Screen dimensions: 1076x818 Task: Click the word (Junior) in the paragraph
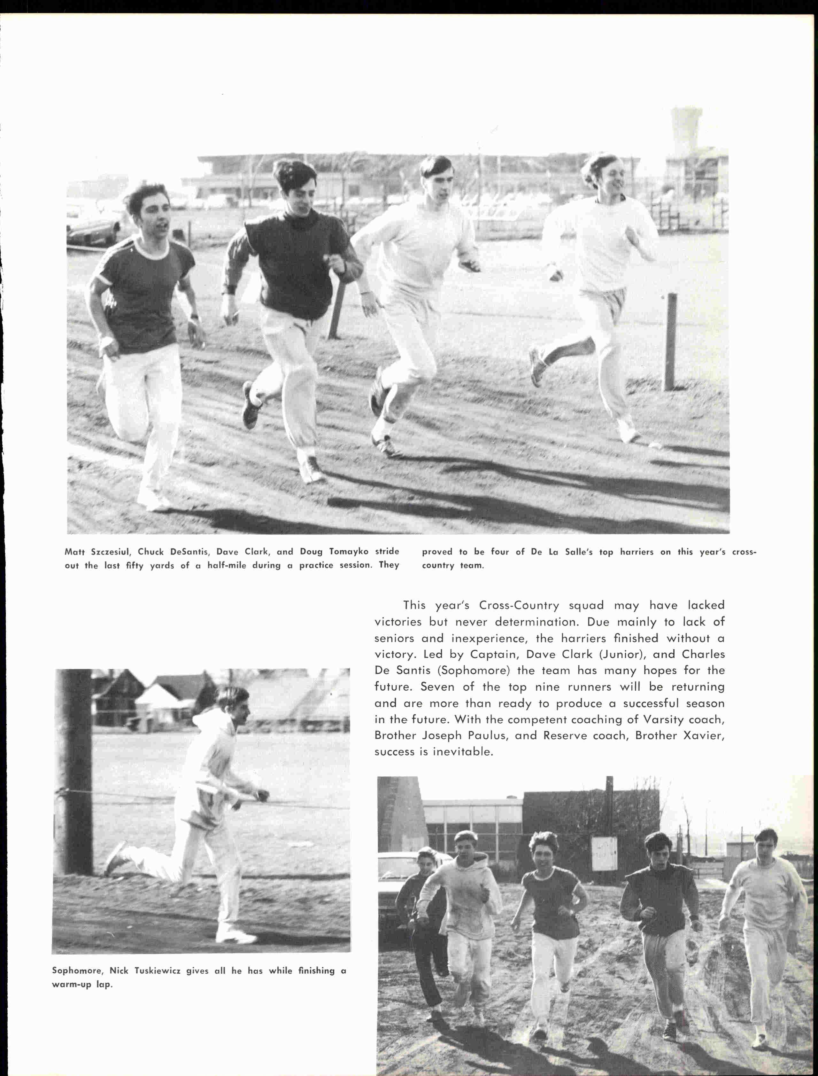pos(619,655)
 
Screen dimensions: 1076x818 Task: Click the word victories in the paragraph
pos(398,622)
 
